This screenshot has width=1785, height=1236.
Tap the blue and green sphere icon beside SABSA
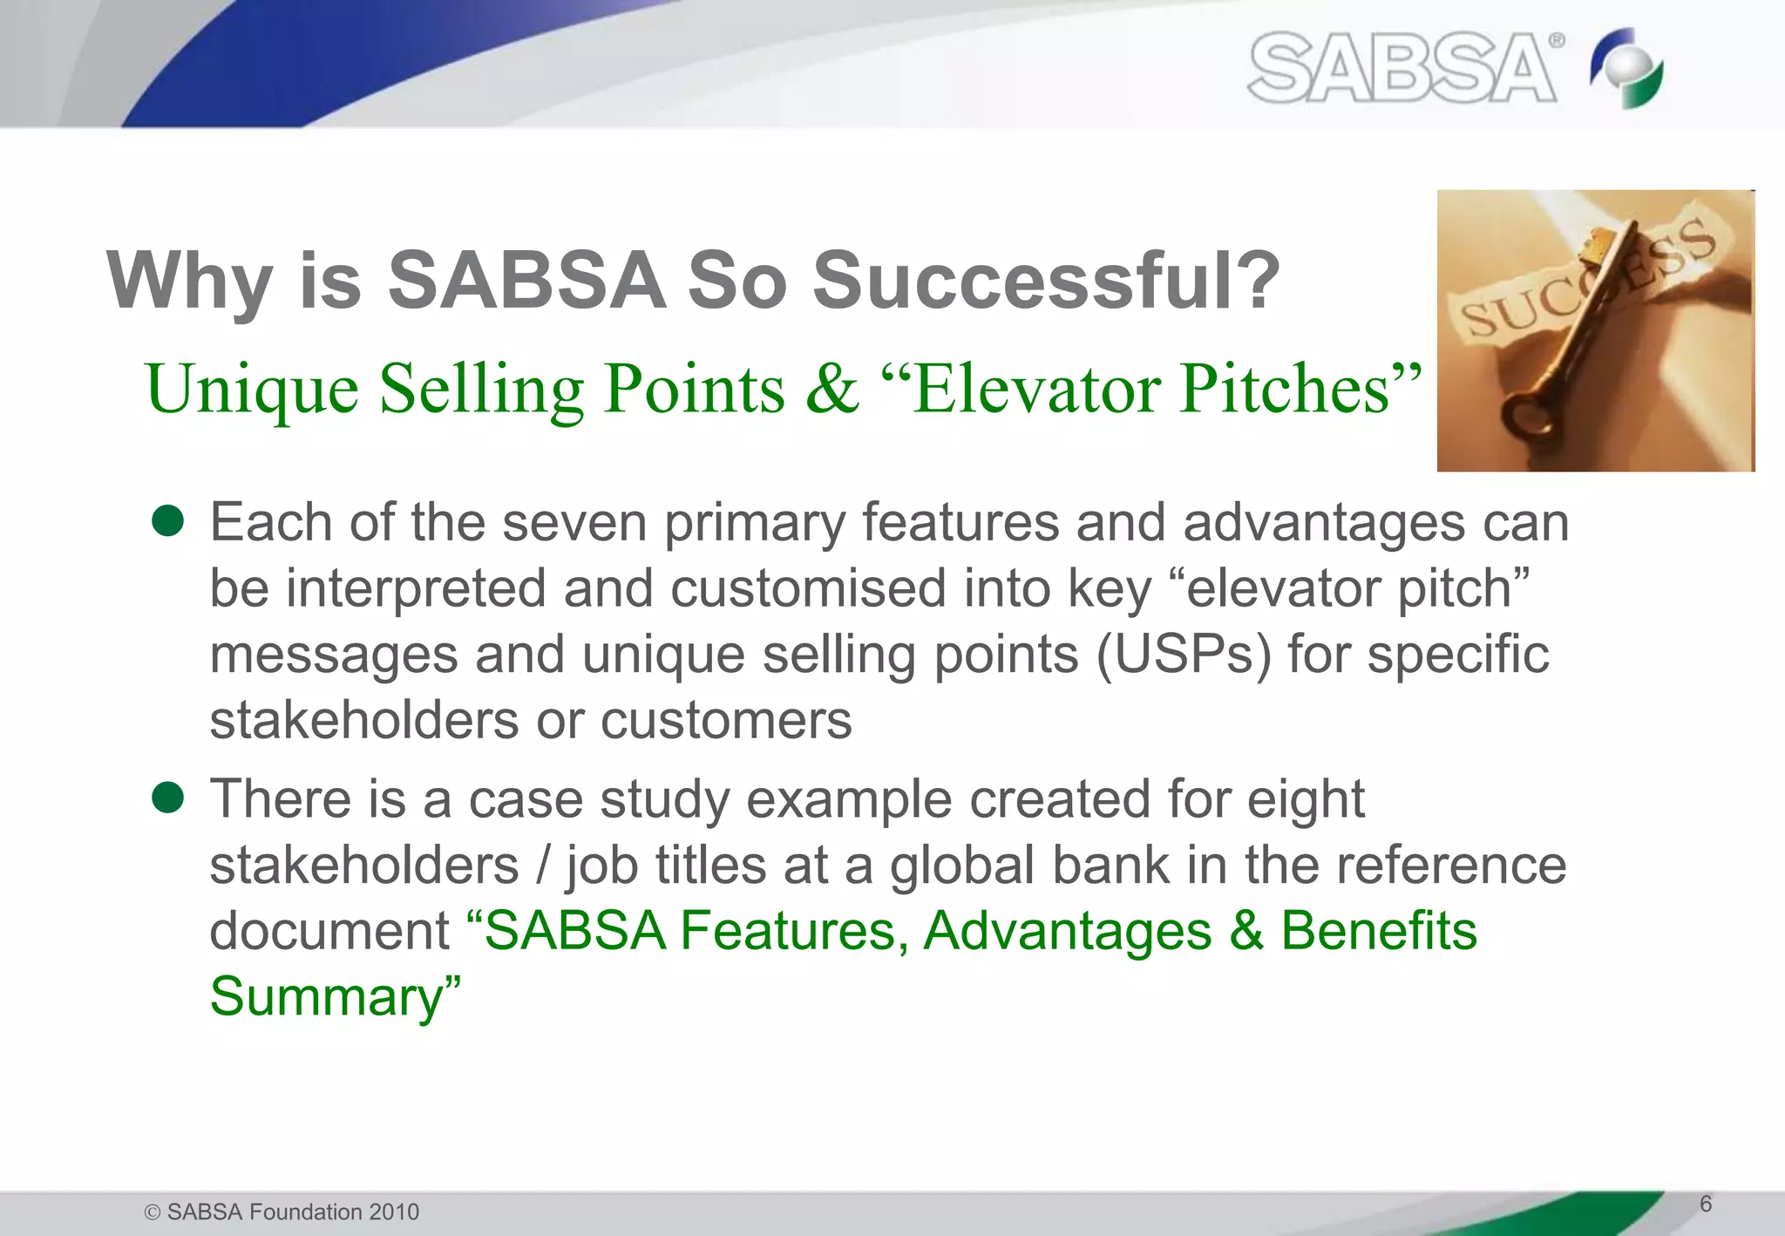pyautogui.click(x=1626, y=68)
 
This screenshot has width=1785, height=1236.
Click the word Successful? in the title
pyautogui.click(x=1046, y=281)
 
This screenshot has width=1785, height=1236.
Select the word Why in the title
pyautogui.click(x=189, y=281)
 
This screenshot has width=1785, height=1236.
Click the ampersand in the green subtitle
pyautogui.click(x=831, y=389)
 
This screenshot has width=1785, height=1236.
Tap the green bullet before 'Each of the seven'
pyautogui.click(x=167, y=521)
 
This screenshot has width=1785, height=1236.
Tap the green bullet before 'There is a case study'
pyautogui.click(x=167, y=797)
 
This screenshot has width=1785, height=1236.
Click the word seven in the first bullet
pyautogui.click(x=574, y=523)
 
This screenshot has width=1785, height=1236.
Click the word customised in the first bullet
pyautogui.click(x=807, y=588)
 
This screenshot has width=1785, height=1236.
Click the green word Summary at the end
pyautogui.click(x=327, y=996)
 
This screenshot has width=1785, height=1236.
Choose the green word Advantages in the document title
pyautogui.click(x=1067, y=930)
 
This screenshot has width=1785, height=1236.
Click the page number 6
pyautogui.click(x=1706, y=1204)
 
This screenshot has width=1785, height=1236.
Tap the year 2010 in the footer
pyautogui.click(x=394, y=1212)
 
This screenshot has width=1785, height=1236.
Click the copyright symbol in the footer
pyautogui.click(x=153, y=1212)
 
